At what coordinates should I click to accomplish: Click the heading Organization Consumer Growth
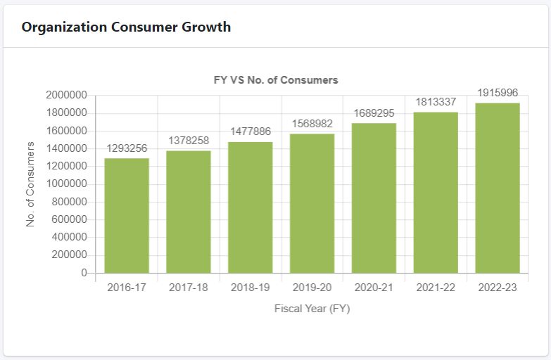[126, 27]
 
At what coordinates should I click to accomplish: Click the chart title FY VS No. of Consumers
[276, 80]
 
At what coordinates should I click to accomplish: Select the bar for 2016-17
[127, 215]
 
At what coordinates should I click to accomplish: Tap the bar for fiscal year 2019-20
[312, 203]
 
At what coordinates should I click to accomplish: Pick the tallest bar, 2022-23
[498, 188]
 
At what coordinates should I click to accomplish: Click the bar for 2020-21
[374, 198]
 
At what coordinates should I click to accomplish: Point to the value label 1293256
[127, 148]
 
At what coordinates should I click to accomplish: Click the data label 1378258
[189, 141]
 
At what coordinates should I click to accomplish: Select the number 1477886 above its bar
[251, 132]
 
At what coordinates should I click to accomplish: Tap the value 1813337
[436, 102]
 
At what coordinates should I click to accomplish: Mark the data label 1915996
[498, 93]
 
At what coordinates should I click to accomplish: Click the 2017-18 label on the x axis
[189, 288]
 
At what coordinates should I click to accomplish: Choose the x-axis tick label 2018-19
[251, 288]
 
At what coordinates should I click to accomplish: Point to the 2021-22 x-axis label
[436, 288]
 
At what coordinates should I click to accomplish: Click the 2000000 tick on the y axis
[66, 95]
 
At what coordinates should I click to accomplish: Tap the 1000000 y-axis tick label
[66, 184]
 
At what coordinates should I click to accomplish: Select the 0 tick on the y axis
[84, 273]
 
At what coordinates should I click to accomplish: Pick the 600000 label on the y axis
[69, 219]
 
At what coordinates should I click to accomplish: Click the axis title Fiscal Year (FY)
[312, 309]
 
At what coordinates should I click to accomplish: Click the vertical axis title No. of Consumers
[30, 184]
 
